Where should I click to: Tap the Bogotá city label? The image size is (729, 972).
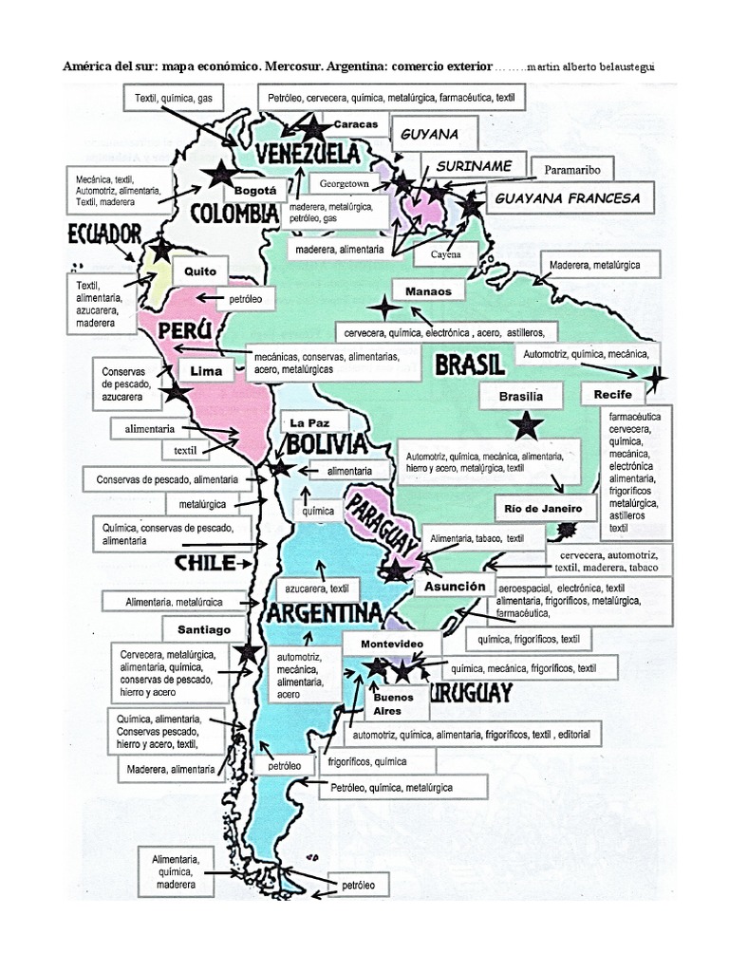click(254, 190)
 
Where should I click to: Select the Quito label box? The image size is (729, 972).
click(200, 271)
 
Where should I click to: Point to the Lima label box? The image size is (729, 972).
click(206, 371)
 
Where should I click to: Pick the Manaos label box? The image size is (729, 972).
click(428, 291)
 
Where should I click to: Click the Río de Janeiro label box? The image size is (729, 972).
click(545, 508)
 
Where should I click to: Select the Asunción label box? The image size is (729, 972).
click(455, 587)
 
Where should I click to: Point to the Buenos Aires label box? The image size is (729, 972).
click(387, 704)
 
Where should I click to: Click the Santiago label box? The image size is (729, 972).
click(205, 629)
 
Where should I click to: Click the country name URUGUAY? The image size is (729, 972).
click(471, 693)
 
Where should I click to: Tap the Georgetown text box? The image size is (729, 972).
click(343, 181)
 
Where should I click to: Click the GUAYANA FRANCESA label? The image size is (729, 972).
click(568, 198)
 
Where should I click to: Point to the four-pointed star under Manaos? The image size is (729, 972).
click(384, 308)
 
